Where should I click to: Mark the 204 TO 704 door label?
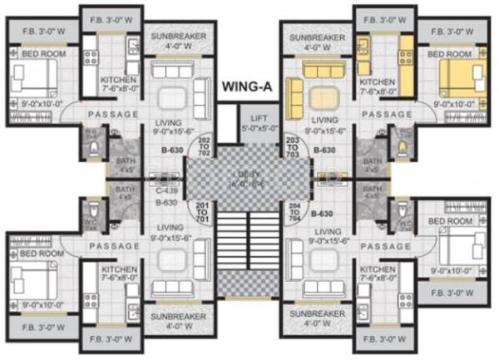[292, 212]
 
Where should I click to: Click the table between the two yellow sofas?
[321, 99]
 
